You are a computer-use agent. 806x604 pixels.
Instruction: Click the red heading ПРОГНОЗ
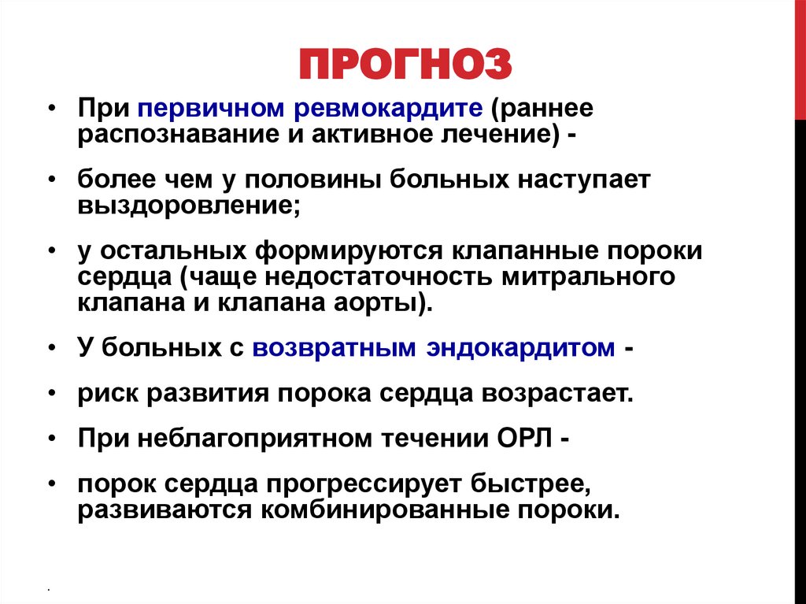[x=405, y=65]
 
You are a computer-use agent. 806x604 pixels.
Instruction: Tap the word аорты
[x=386, y=303]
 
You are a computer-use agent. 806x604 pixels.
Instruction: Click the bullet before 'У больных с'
[x=52, y=348]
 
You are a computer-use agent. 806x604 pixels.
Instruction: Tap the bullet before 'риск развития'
[x=52, y=393]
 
